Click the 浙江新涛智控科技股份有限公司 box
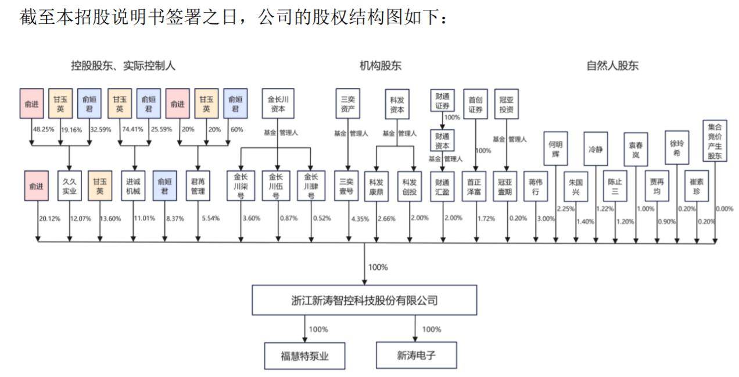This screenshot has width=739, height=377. click(364, 300)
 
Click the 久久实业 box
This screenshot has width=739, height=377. click(70, 186)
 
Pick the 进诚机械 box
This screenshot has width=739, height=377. click(134, 186)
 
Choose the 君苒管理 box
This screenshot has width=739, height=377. click(198, 186)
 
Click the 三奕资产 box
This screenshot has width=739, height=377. click(348, 104)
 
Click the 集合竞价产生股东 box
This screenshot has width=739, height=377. click(714, 140)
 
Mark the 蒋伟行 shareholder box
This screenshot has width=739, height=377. click(535, 186)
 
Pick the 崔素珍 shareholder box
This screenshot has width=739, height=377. click(696, 186)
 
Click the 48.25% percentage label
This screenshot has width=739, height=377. click(44, 129)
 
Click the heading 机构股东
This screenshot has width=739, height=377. click(381, 66)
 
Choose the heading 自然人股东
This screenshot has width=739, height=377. click(612, 66)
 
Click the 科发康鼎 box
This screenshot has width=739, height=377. click(376, 186)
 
